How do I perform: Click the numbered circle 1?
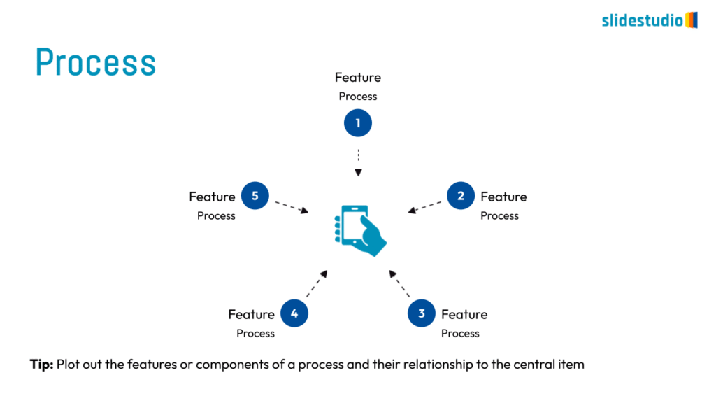pos(358,124)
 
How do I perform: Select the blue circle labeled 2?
pos(461,196)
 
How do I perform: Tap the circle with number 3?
pos(422,313)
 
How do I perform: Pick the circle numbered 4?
pos(294,313)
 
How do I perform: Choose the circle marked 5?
pos(255,196)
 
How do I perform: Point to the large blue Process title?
pos(96,62)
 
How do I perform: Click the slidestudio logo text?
pos(642,20)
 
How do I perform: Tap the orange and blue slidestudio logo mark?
pos(691,20)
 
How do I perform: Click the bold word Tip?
pos(41,365)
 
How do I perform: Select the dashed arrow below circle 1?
pos(358,162)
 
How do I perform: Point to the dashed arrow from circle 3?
pos(399,283)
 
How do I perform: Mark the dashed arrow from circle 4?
pos(317,283)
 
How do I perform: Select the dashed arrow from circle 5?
pos(291,206)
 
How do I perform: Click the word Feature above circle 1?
pos(358,78)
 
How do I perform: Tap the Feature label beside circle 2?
pos(503,197)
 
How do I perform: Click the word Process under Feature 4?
pos(255,333)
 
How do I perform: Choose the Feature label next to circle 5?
pos(212,197)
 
